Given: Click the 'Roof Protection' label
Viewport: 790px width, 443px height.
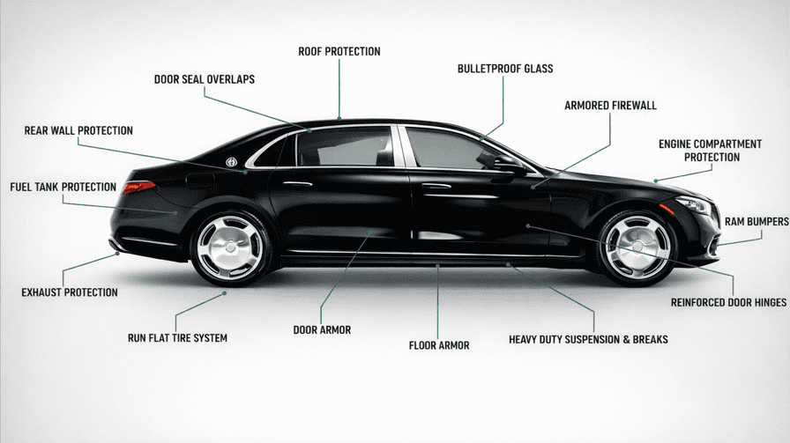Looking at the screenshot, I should point(339,52).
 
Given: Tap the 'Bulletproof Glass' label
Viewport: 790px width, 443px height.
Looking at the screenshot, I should point(505,69).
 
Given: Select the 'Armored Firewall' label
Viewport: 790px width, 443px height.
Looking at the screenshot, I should point(610,106).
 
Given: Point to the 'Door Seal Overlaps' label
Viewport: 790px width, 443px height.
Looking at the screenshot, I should point(205,79).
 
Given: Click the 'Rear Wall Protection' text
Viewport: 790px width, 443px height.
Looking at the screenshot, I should point(78,131).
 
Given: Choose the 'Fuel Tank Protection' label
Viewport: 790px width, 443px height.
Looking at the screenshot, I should point(63,188).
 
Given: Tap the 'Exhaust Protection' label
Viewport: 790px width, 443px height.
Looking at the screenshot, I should point(70,292).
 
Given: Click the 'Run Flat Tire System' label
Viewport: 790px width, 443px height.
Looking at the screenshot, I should point(177,337).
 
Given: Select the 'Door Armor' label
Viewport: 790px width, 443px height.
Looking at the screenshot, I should point(322,330).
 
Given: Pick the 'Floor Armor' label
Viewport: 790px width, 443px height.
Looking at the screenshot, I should point(439,345).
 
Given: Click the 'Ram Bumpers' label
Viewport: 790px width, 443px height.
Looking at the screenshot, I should point(756,222).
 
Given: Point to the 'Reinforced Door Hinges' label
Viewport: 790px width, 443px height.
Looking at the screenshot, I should point(728,302).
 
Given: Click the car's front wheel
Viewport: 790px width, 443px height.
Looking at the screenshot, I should point(637,246).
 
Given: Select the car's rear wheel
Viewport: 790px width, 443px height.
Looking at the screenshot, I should point(229,247).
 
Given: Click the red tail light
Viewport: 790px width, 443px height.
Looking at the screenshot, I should point(139,186).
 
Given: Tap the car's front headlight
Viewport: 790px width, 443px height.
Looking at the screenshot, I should point(694,206).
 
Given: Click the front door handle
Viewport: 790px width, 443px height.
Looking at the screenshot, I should point(436,186).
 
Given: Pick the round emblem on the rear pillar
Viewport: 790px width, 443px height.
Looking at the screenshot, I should point(231,161).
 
